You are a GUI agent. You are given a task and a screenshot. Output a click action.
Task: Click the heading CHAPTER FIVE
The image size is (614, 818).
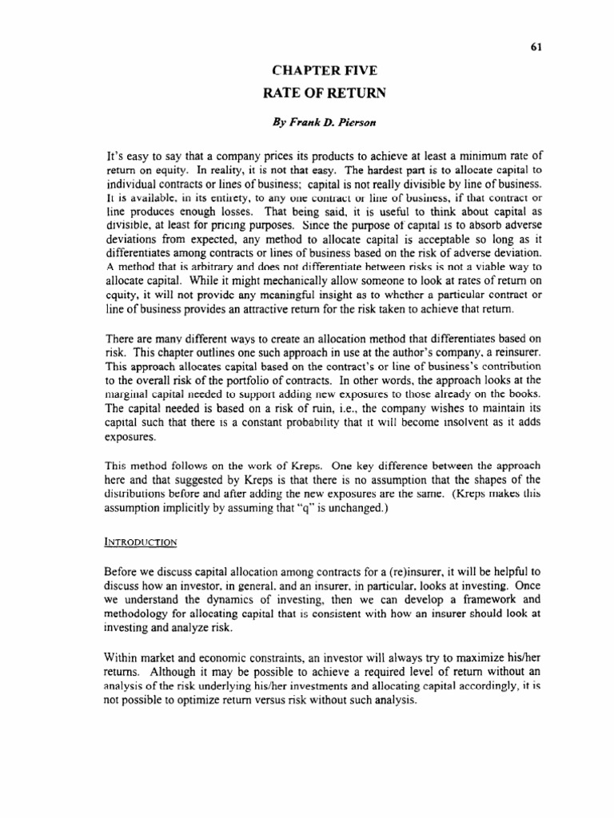(x=324, y=72)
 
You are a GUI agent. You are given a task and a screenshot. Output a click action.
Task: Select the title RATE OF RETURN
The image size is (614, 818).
(x=324, y=93)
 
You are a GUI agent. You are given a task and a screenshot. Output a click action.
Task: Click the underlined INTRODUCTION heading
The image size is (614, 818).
(x=141, y=541)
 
